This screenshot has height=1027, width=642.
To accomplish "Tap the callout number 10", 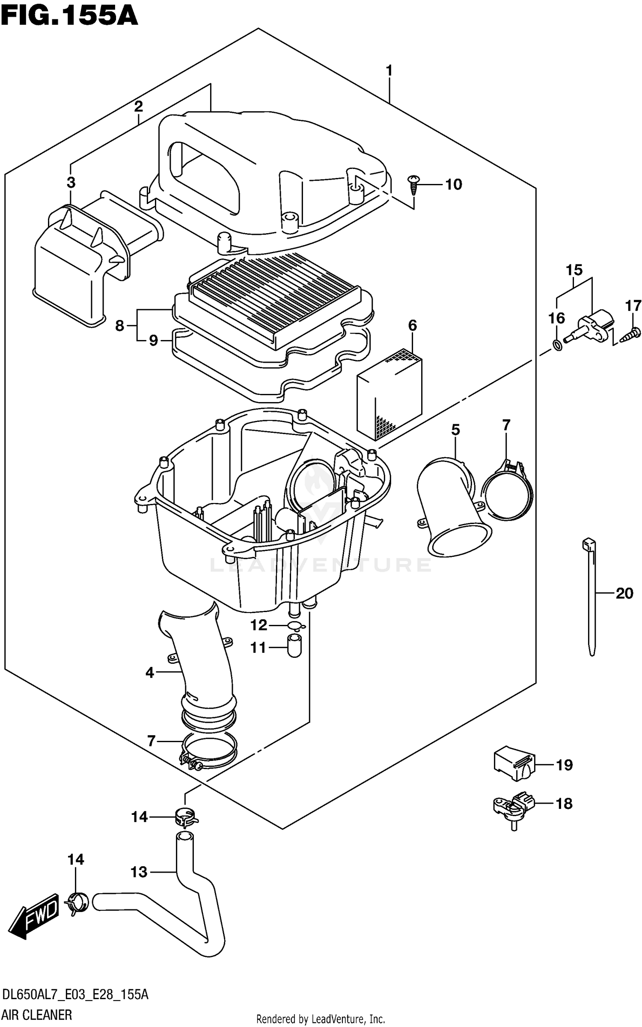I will (x=453, y=184).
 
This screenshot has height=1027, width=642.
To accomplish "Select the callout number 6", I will (x=412, y=326).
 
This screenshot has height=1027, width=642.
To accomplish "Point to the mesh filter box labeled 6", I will (x=389, y=394).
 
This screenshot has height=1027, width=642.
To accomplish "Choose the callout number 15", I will (x=574, y=270).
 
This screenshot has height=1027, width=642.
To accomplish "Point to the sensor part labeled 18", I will (x=513, y=805).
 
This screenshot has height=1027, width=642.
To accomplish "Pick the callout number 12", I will (x=259, y=625).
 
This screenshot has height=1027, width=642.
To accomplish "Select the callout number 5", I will (x=455, y=429).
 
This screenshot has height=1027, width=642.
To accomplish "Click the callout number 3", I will (x=71, y=182).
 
